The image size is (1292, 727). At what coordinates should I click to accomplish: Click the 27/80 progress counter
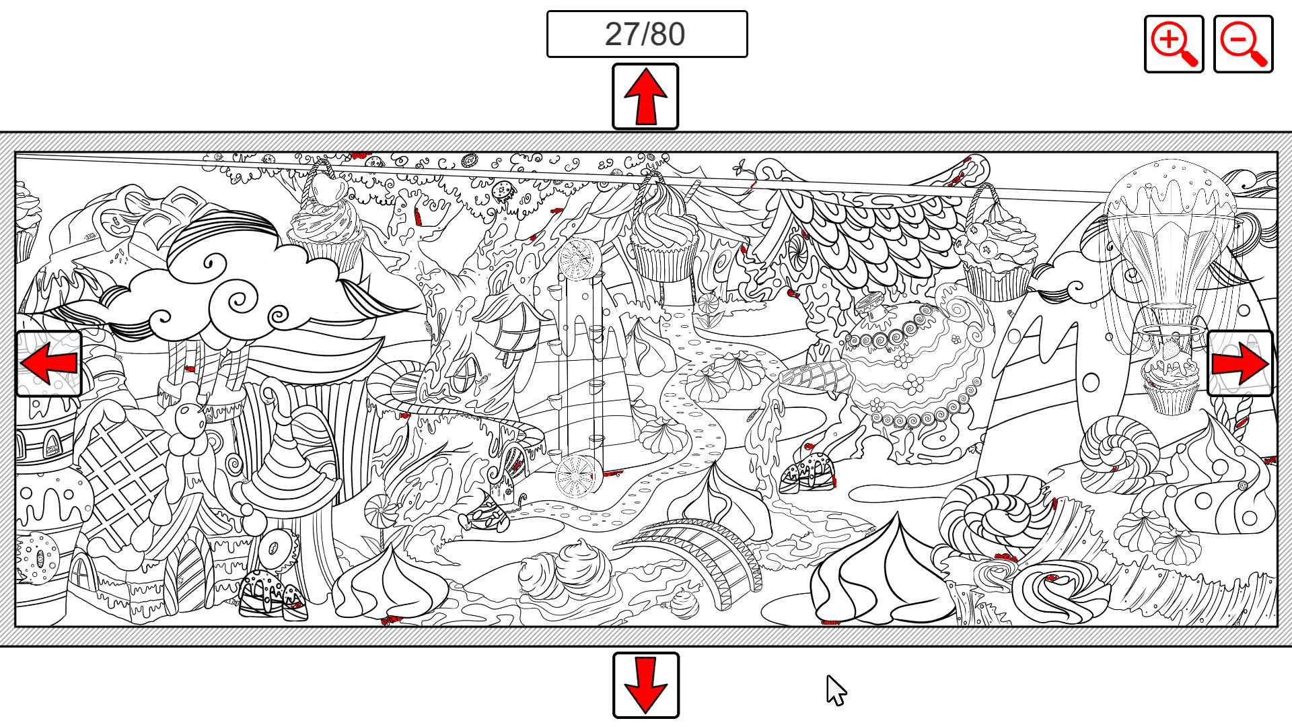[647, 34]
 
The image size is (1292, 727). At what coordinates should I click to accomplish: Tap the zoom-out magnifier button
[1243, 44]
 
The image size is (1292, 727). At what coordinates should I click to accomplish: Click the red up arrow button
[645, 96]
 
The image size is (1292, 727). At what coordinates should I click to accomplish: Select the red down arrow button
[645, 685]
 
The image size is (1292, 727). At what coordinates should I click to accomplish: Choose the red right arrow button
[1240, 363]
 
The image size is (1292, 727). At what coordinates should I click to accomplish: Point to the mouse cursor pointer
[836, 690]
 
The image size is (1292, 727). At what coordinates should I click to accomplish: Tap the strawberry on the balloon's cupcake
[1172, 349]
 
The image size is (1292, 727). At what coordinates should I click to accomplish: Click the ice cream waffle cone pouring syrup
[814, 378]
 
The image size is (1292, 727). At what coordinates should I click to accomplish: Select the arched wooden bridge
[693, 556]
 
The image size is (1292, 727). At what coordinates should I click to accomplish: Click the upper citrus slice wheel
[579, 258]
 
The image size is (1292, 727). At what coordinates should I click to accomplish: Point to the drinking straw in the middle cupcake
[690, 199]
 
